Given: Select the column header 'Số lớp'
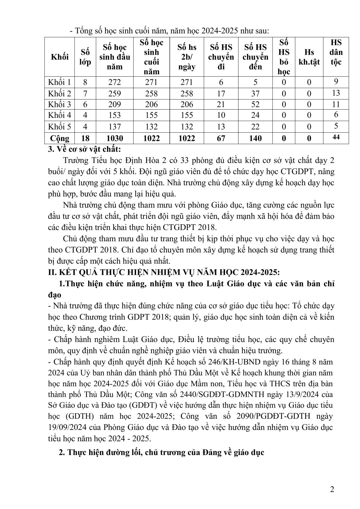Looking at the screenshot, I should pyautogui.click(x=85, y=57).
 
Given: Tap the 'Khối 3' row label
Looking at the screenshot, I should pyautogui.click(x=60, y=105).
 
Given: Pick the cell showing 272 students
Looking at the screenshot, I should pyautogui.click(x=115, y=82).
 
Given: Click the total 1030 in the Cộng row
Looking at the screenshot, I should pyautogui.click(x=115, y=138).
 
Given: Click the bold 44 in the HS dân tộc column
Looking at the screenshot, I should pyautogui.click(x=336, y=137).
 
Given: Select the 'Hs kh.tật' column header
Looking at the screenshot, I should pyautogui.click(x=309, y=57).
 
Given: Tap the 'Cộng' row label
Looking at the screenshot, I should pyautogui.click(x=60, y=138).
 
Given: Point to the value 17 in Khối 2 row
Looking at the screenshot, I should pyautogui.click(x=221, y=93).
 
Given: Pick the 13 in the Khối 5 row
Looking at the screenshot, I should pyautogui.click(x=221, y=127).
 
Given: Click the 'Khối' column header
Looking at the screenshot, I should pyautogui.click(x=60, y=57).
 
